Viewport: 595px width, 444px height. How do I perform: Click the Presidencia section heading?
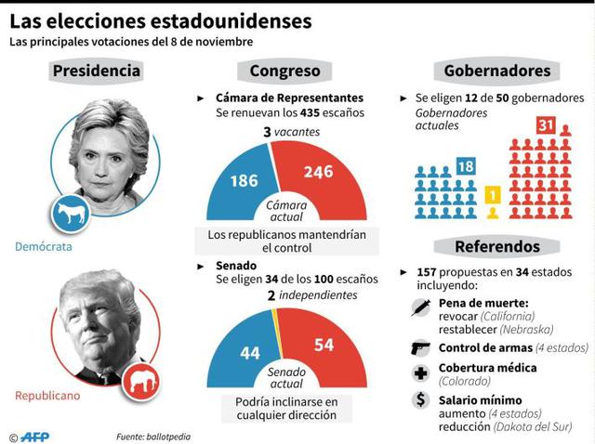(x=97, y=71)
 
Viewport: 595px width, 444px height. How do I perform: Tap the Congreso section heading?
(x=284, y=71)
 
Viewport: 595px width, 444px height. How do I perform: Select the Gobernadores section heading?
(x=496, y=71)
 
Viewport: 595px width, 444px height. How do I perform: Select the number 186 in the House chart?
(x=244, y=181)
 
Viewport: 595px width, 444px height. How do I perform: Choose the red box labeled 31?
(x=546, y=125)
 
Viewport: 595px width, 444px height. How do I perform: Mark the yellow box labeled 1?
(x=493, y=196)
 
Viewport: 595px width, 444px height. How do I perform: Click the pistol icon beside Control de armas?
(x=419, y=347)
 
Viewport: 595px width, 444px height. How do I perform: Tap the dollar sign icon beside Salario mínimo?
(x=419, y=399)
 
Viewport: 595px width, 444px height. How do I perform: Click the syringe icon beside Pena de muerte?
(x=419, y=309)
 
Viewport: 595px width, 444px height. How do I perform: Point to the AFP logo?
(x=34, y=435)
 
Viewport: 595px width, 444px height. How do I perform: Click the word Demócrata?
(x=43, y=247)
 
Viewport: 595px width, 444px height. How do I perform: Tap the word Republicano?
(x=47, y=396)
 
